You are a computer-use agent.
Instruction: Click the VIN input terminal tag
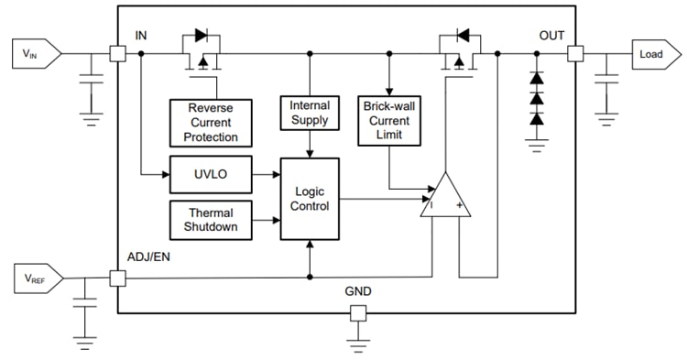tap(36, 54)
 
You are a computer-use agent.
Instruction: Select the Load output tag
tap(653, 54)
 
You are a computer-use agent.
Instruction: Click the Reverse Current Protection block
tap(210, 123)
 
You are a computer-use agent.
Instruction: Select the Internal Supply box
tap(310, 113)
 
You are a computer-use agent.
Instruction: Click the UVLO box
tap(210, 173)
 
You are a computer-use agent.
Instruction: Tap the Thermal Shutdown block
tap(210, 220)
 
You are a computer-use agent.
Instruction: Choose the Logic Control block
tap(310, 198)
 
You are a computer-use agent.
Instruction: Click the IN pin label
tap(141, 35)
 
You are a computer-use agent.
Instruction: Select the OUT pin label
tap(551, 35)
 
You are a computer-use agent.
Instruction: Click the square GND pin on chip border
tap(358, 313)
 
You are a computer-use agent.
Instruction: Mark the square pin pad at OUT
tap(575, 54)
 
